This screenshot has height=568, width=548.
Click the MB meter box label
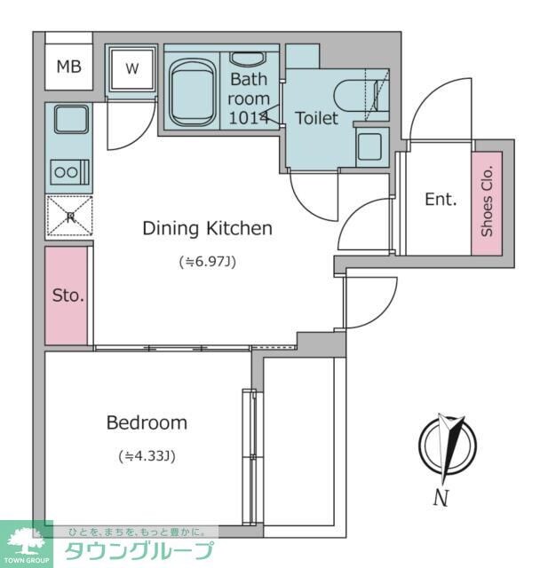point(69,67)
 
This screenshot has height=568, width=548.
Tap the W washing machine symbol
point(132,69)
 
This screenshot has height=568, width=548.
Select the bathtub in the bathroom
point(192,92)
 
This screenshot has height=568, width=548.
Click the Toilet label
point(316,118)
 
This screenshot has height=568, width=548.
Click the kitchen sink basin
point(72,119)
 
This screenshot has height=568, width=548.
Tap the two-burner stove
point(69,171)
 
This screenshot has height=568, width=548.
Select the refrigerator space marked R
point(69,217)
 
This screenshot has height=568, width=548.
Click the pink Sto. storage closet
point(67,296)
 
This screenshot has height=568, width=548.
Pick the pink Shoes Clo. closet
point(487,203)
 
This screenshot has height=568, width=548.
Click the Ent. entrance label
point(441,199)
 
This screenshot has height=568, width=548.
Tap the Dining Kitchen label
point(207,228)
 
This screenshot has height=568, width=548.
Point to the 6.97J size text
point(208,261)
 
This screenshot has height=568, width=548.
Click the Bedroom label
point(147,422)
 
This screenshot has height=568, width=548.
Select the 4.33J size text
point(147,456)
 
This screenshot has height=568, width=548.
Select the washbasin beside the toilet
point(369,146)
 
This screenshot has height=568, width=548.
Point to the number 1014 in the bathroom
point(249,117)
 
